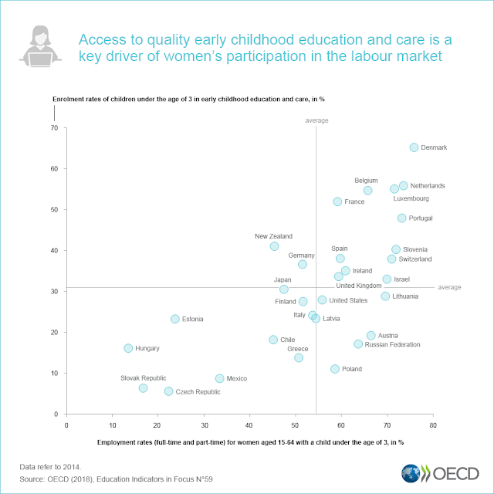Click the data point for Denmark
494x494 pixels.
(414, 147)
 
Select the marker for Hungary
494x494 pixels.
(128, 348)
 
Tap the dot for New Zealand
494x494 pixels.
(274, 246)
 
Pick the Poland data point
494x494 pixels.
(334, 369)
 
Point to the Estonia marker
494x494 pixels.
(174, 319)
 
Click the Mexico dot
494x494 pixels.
(219, 378)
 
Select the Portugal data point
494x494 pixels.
(401, 218)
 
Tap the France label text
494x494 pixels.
(354, 202)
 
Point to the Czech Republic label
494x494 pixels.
(198, 392)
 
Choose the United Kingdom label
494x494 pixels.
(359, 286)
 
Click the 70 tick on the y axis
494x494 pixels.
(54, 128)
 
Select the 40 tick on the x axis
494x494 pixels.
(249, 425)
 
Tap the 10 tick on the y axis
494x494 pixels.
(55, 374)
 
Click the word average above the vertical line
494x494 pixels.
(316, 120)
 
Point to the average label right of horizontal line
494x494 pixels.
(449, 287)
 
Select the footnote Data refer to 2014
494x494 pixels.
(50, 468)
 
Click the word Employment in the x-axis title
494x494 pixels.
(120, 442)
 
